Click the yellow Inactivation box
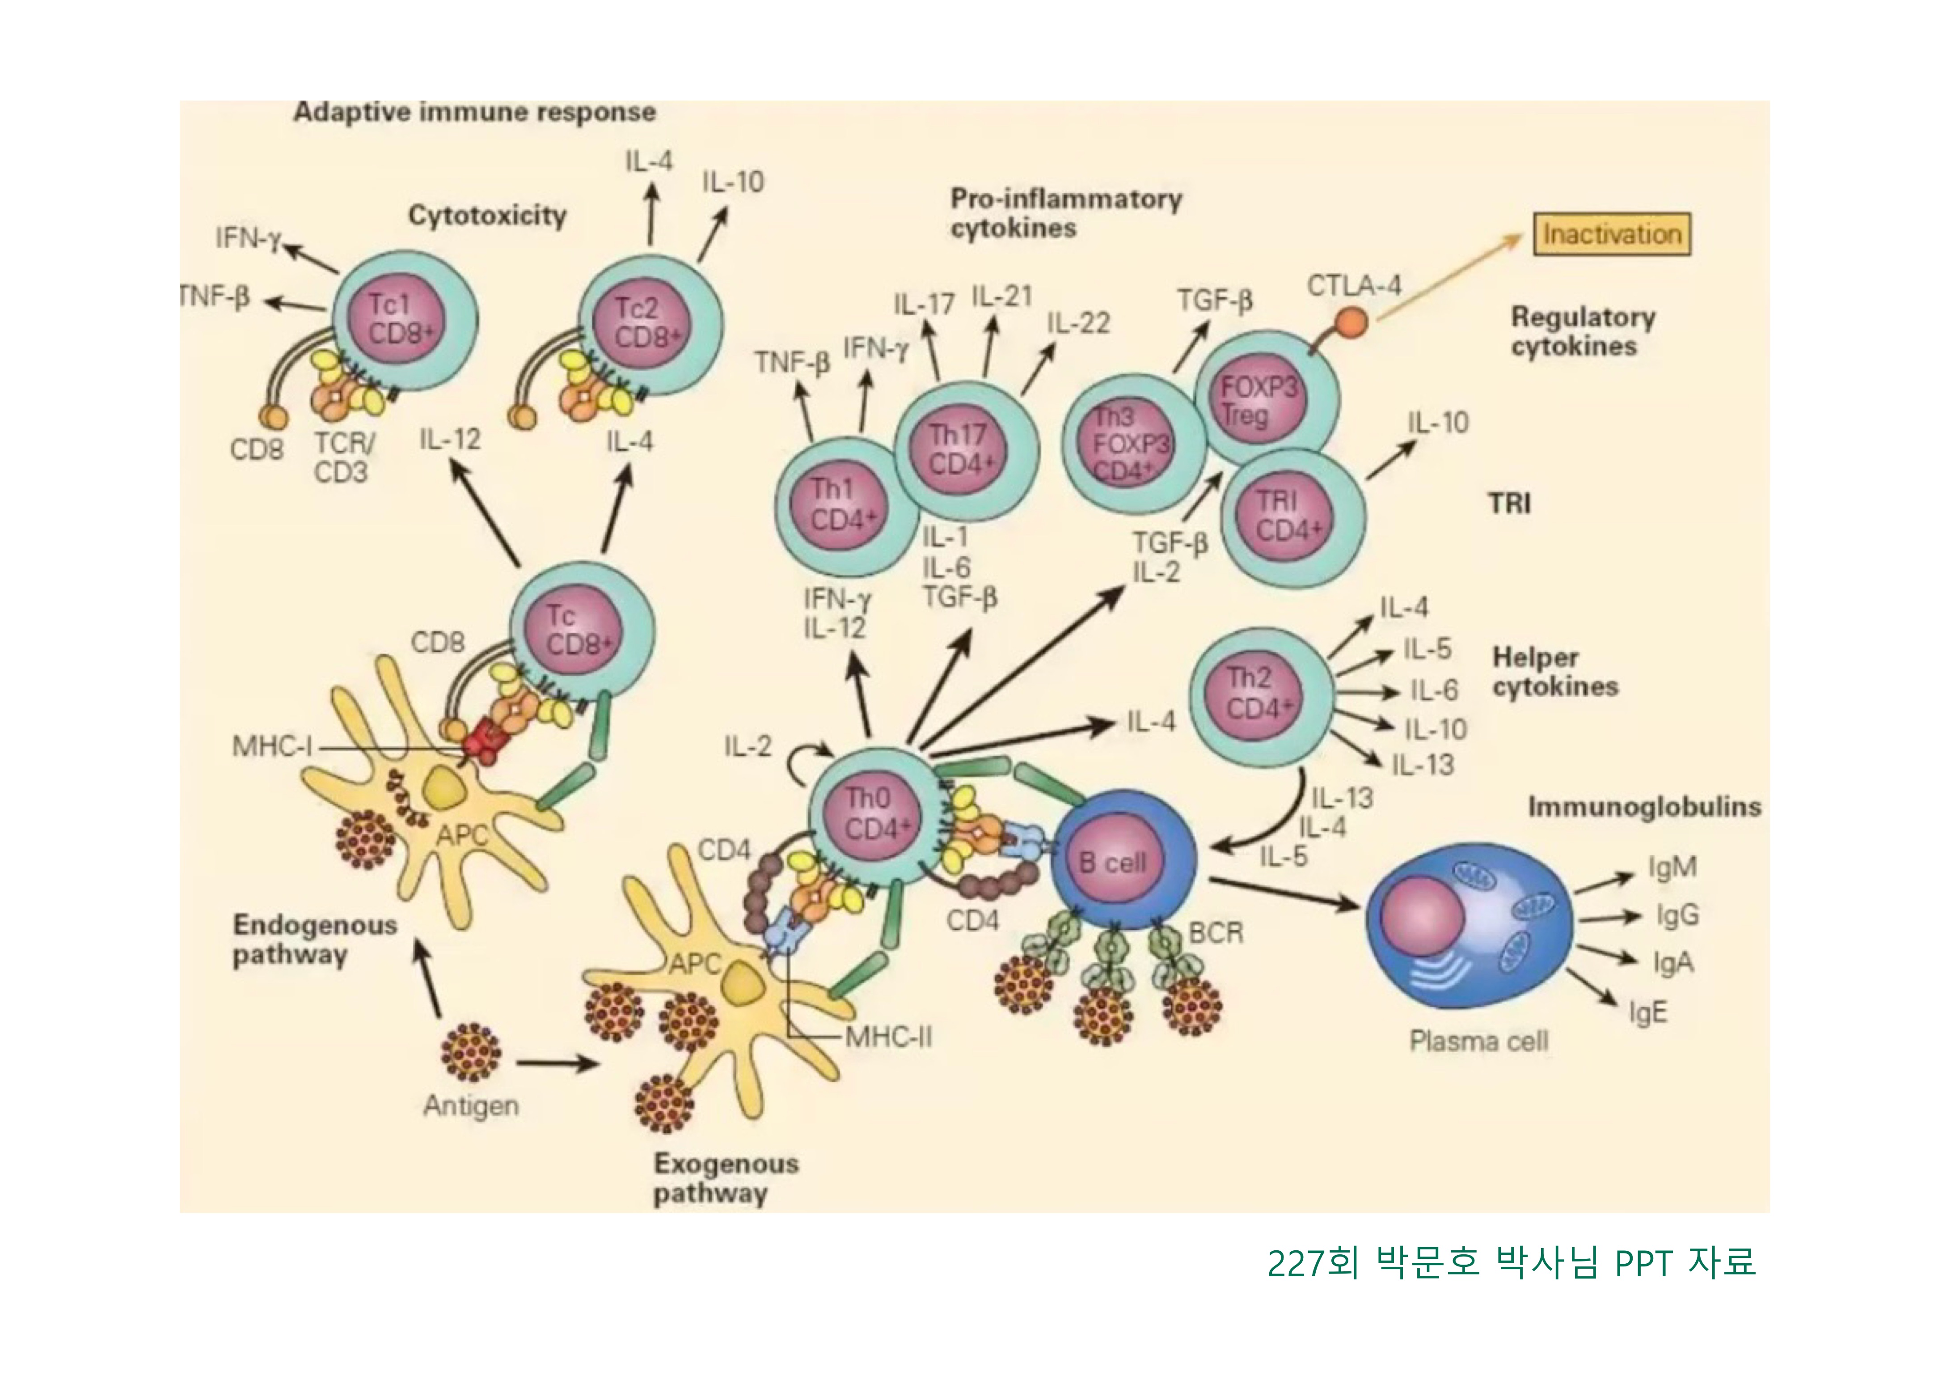pyautogui.click(x=1612, y=234)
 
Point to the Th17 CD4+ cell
pyautogui.click(x=965, y=450)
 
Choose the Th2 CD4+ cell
pyautogui.click(x=1259, y=694)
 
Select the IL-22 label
pyautogui.click(x=1077, y=323)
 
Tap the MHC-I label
pyautogui.click(x=272, y=747)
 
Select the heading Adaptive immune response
pyautogui.click(x=474, y=112)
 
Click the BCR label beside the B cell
pyautogui.click(x=1215, y=933)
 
